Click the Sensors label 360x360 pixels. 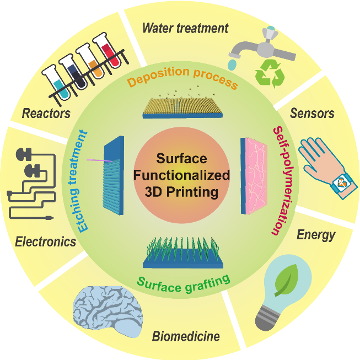pos(311,114)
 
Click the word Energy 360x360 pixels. pos(316,235)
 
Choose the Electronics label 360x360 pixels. pos(45,241)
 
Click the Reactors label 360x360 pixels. pos(46,114)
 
